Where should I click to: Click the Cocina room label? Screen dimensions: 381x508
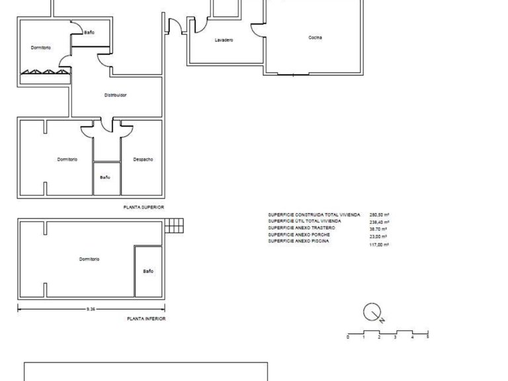(315, 38)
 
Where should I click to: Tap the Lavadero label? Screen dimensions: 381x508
(224, 41)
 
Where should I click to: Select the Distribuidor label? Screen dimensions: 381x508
(115, 95)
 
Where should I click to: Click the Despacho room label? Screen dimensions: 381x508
(144, 159)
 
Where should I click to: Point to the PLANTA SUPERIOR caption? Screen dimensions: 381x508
(144, 208)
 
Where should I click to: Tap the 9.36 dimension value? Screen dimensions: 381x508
(91, 308)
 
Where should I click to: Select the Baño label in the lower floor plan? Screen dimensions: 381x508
(148, 271)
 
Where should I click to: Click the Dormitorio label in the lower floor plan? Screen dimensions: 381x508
(89, 259)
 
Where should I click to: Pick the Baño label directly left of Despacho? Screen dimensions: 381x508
(105, 177)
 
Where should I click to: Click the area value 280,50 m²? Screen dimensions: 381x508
(379, 215)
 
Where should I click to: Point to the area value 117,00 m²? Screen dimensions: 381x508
(379, 245)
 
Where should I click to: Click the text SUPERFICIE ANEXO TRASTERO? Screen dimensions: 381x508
(302, 228)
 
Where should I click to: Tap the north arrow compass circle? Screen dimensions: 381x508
(372, 311)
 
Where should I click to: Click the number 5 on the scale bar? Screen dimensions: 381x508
(427, 337)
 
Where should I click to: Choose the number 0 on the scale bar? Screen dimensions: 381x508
(348, 337)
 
